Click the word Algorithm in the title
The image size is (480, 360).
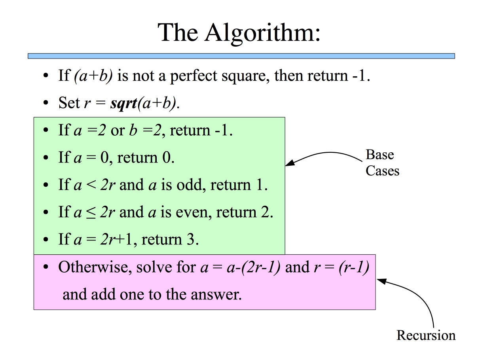coord(262,33)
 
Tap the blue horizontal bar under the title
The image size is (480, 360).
coord(241,56)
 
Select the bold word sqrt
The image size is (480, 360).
coord(124,103)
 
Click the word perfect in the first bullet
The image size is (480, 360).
coord(194,76)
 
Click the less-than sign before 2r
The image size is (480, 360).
coord(91,185)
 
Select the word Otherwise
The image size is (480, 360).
coord(95,267)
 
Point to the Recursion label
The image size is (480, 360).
coord(426,335)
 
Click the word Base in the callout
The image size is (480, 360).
coord(380,155)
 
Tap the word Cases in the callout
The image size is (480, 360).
coord(383,171)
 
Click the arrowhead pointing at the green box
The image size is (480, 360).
coord(290,163)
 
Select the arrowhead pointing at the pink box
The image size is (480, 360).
coord(381,281)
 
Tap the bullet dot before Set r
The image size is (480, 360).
coord(46,102)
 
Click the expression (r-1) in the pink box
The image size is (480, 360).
coord(354,267)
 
